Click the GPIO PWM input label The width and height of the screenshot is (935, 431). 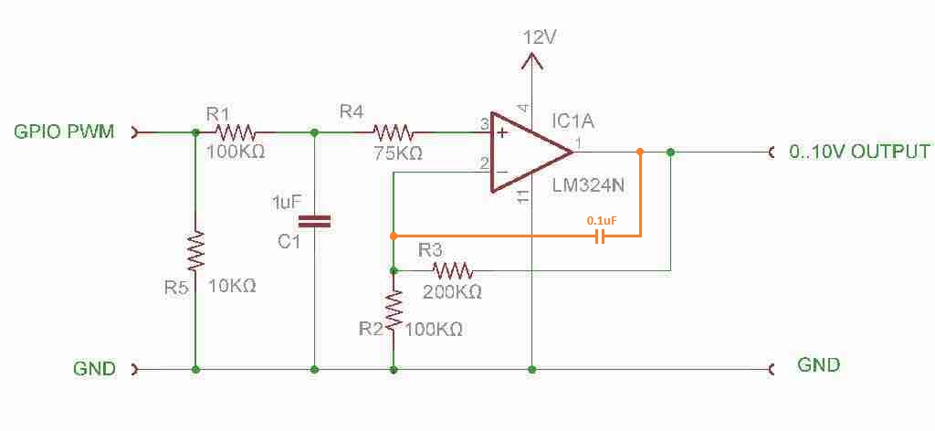(63, 131)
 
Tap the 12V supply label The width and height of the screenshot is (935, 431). (539, 37)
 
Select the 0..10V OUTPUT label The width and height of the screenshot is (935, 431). (859, 152)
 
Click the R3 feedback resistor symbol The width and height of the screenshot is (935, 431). (452, 270)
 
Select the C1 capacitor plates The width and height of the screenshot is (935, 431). (315, 220)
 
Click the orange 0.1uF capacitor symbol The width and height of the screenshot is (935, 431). (599, 237)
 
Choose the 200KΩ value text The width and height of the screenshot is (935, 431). (452, 292)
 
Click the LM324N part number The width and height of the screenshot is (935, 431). (587, 186)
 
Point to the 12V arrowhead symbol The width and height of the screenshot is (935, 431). (531, 60)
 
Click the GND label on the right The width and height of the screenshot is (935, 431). (819, 365)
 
